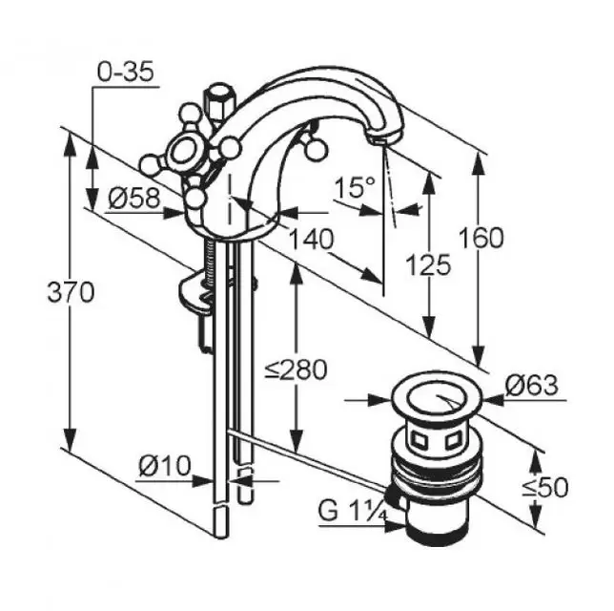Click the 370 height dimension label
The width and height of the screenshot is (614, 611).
point(71,292)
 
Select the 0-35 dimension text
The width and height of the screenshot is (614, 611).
point(125,72)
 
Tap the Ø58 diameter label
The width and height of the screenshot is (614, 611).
point(134,198)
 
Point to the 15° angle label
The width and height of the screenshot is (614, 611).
point(356,187)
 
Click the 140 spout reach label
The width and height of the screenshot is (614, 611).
point(312,239)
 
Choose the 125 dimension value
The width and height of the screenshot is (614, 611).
point(428,264)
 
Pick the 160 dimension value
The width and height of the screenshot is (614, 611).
point(481,238)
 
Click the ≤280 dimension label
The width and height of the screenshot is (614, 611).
point(296,369)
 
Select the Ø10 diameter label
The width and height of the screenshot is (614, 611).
point(164,466)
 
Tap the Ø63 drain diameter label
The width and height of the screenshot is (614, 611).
point(531,385)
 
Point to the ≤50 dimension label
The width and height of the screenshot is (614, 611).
point(545,488)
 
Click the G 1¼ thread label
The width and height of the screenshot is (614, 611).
point(353,511)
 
